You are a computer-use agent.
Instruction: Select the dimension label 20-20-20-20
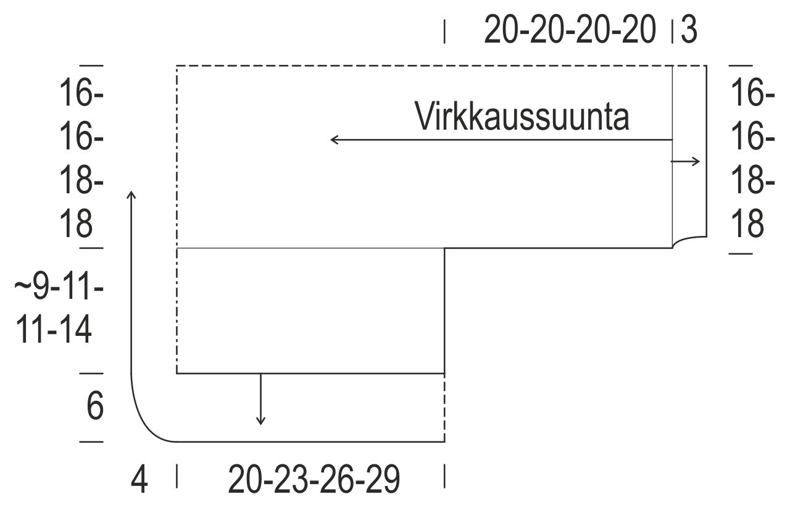[570, 30]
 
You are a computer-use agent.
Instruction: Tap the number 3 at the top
[689, 30]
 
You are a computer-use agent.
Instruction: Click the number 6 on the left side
[94, 407]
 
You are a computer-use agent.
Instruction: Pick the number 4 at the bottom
[140, 480]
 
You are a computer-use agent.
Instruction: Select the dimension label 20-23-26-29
[314, 480]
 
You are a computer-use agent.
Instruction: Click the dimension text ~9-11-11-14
[59, 309]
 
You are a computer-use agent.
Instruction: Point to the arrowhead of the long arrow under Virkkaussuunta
[333, 140]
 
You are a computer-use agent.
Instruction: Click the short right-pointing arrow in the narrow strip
[686, 162]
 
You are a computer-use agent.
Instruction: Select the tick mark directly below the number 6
[92, 442]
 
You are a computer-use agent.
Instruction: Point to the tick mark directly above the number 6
[92, 374]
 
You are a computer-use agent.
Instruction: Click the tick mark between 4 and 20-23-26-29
[177, 477]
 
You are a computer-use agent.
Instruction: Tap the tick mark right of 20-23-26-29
[445, 477]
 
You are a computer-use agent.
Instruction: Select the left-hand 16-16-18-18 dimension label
[81, 159]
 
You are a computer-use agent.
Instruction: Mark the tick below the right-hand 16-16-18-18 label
[741, 253]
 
